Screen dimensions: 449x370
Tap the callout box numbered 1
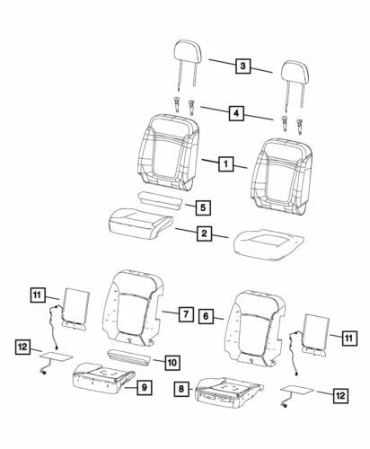pos(225,164)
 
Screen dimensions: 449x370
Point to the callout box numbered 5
pos(203,207)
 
